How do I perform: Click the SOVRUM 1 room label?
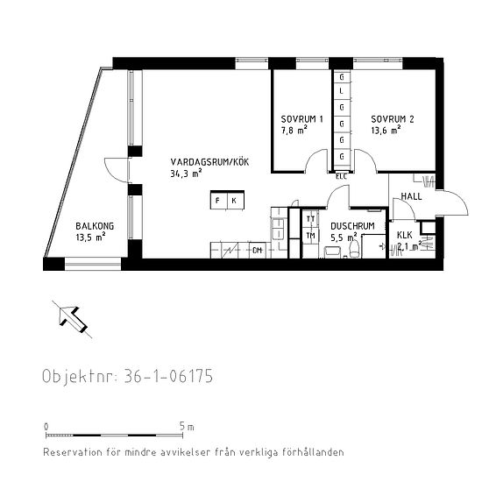[x=302, y=119]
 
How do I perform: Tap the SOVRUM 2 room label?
[x=392, y=119]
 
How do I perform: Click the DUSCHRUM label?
[x=352, y=225]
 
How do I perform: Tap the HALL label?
[x=411, y=196]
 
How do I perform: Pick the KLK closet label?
[x=404, y=235]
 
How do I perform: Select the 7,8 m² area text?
[x=294, y=131]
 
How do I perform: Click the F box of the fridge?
[x=218, y=202]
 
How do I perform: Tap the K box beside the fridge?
[x=234, y=202]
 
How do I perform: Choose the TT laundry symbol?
[x=310, y=219]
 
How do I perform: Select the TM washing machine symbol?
[x=310, y=235]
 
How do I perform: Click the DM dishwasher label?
[x=257, y=251]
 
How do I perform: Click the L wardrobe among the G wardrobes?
[x=341, y=92]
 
